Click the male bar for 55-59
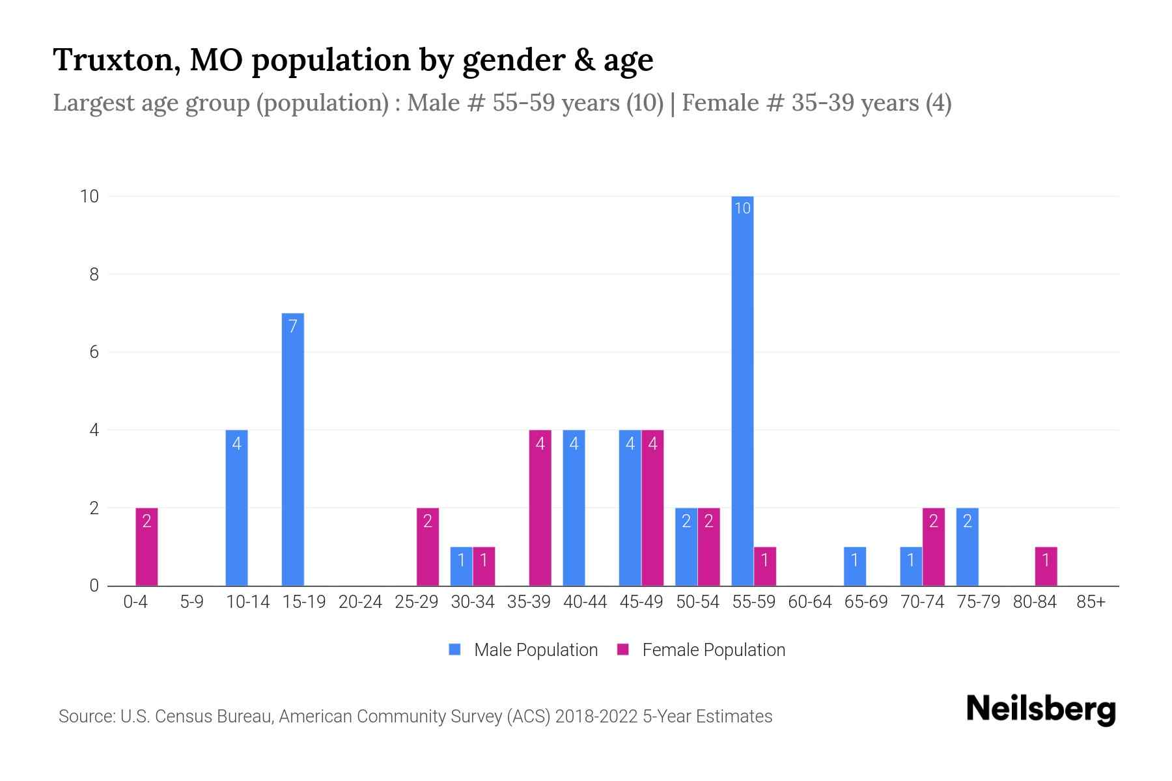[x=742, y=390]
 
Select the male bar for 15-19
[x=293, y=449]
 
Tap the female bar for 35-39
[x=540, y=508]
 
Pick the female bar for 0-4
[x=146, y=547]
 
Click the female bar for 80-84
[x=1046, y=566]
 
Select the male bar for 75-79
[x=967, y=547]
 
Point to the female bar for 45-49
[x=652, y=508]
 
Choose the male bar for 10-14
[x=236, y=508]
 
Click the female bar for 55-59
[x=764, y=566]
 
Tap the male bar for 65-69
[x=854, y=566]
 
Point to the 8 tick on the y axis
[x=94, y=274]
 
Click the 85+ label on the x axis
[x=1091, y=602]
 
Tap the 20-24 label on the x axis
[x=360, y=602]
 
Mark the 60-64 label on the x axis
[x=809, y=602]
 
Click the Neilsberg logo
[x=1040, y=709]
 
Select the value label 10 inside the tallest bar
[x=742, y=208]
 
